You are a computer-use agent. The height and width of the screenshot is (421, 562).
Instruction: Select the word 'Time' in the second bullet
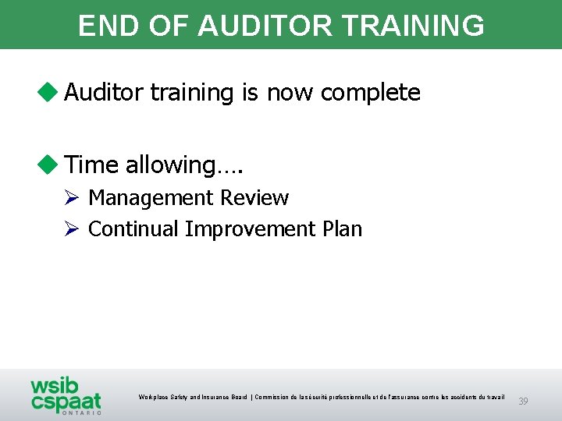pyautogui.click(x=91, y=165)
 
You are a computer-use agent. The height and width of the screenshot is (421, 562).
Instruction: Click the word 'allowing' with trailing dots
pyautogui.click(x=184, y=165)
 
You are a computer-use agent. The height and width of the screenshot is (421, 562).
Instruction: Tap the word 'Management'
pyautogui.click(x=148, y=198)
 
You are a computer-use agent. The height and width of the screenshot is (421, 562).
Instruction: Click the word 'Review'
pyautogui.click(x=254, y=198)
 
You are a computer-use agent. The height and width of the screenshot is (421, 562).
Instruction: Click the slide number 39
pyautogui.click(x=523, y=402)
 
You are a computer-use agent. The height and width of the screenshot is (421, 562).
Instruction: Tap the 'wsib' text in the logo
pyautogui.click(x=55, y=387)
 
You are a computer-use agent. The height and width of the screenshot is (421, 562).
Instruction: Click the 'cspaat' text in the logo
pyautogui.click(x=66, y=402)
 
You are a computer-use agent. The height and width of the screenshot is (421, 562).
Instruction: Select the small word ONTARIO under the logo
pyautogui.click(x=81, y=413)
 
